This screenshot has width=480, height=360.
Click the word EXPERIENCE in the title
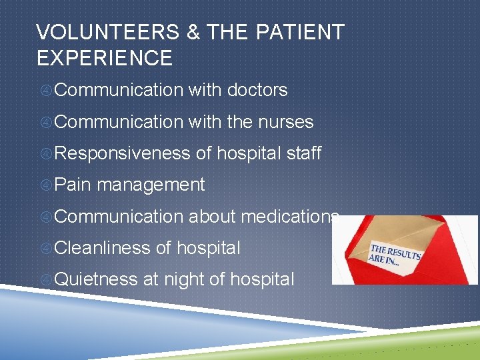pyautogui.click(x=105, y=58)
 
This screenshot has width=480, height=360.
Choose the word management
pyautogui.click(x=151, y=185)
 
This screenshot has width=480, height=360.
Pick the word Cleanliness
pyautogui.click(x=103, y=248)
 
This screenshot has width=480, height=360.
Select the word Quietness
pyautogui.click(x=96, y=279)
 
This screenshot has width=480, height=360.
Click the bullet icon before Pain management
pyautogui.click(x=45, y=185)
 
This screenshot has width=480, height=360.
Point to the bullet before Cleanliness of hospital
pyautogui.click(x=45, y=249)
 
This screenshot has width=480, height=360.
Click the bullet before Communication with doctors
pyautogui.click(x=45, y=91)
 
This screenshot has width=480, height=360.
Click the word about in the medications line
pyautogui.click(x=211, y=216)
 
